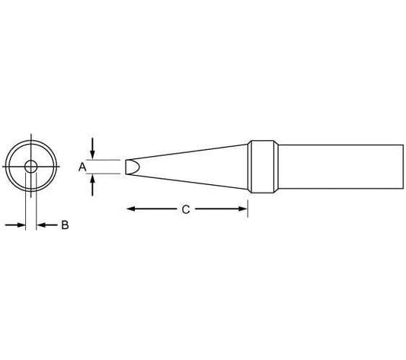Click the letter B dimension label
click(65, 225)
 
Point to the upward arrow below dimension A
click(93, 181)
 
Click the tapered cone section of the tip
click(190, 166)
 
